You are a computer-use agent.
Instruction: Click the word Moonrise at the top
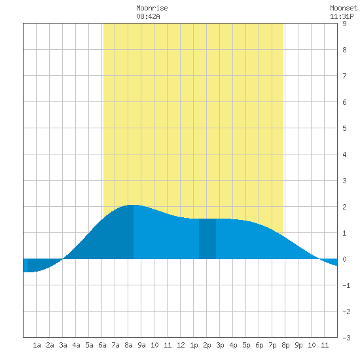[152, 8]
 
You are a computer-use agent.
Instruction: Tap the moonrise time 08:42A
[148, 16]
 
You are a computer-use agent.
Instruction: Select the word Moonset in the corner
[344, 8]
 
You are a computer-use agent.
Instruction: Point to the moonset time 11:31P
[342, 16]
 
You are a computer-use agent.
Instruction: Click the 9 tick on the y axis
[344, 24]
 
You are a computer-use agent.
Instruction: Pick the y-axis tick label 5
[344, 128]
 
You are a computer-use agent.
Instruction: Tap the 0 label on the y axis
[344, 259]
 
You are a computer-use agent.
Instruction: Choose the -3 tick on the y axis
[346, 338]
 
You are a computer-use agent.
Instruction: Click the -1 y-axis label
[346, 285]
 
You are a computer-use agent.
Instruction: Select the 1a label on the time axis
[37, 345]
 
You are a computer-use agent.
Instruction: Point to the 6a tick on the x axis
[102, 345]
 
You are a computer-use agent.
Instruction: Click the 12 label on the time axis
[181, 345]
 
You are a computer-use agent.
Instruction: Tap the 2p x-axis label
[207, 345]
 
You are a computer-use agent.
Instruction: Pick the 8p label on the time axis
[285, 345]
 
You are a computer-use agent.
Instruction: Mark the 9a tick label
[141, 345]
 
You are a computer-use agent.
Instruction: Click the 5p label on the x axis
[246, 345]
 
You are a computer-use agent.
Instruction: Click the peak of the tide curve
[133, 205]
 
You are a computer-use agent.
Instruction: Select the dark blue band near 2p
[207, 239]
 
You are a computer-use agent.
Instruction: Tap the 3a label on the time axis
[63, 345]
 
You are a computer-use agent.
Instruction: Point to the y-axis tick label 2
[344, 207]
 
